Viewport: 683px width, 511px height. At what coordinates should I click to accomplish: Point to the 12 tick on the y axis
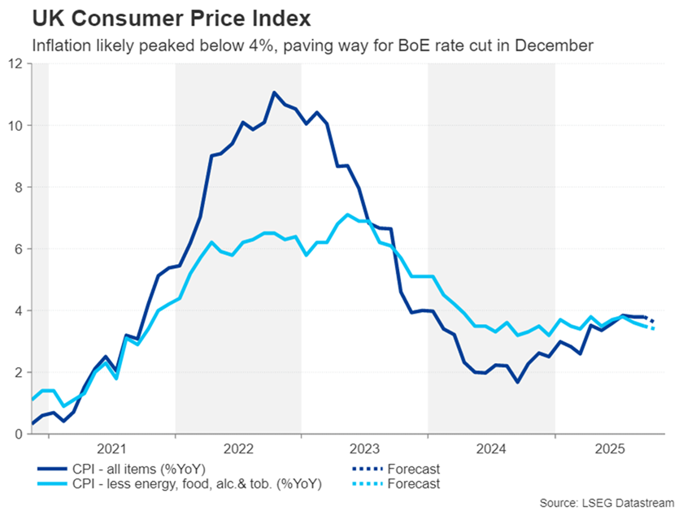(15, 63)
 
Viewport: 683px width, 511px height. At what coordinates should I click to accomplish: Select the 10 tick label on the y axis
(15, 125)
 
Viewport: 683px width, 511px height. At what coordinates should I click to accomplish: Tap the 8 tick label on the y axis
(19, 187)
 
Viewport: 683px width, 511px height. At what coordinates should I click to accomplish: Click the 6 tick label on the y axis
(19, 249)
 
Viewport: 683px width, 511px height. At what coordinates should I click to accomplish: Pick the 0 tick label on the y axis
(19, 434)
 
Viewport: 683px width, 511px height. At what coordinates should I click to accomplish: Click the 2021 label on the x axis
(111, 448)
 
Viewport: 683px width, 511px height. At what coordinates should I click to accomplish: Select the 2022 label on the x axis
(238, 448)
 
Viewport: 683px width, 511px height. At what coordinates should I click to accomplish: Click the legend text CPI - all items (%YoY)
(131, 469)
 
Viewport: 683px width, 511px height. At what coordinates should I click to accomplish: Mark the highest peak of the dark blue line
(274, 93)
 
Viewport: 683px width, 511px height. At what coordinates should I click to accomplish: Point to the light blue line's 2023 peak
(347, 214)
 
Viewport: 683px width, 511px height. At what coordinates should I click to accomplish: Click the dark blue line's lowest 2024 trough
(517, 382)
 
